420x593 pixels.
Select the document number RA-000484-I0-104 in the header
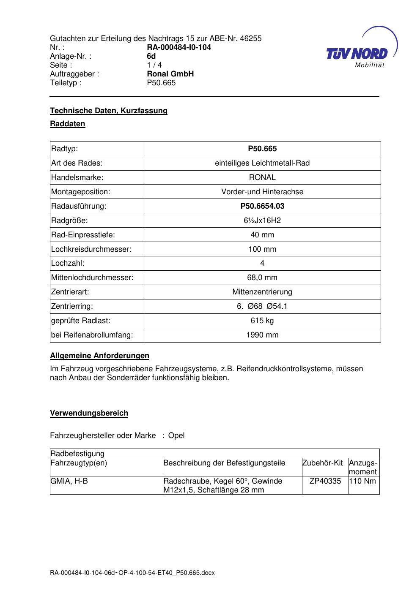click(179, 47)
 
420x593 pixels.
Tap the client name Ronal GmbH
click(170, 74)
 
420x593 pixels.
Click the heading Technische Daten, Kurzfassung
click(109, 111)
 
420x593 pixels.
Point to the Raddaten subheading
click(68, 124)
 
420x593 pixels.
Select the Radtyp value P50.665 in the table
click(262, 149)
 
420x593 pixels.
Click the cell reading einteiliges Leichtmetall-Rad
click(262, 163)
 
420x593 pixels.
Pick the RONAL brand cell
click(262, 177)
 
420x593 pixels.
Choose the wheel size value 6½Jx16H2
click(262, 220)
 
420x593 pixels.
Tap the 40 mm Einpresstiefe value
click(262, 235)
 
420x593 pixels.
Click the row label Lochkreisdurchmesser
click(91, 249)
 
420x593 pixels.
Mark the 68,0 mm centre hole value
click(262, 277)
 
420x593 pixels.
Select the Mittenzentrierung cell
click(262, 292)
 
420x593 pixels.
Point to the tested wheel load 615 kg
click(262, 321)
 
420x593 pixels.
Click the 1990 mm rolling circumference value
click(262, 335)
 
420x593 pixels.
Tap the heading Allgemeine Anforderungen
click(99, 356)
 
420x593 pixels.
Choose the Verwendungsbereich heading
click(89, 413)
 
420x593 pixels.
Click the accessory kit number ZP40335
click(325, 481)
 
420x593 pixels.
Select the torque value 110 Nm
click(362, 481)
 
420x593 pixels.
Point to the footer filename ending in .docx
click(132, 573)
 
